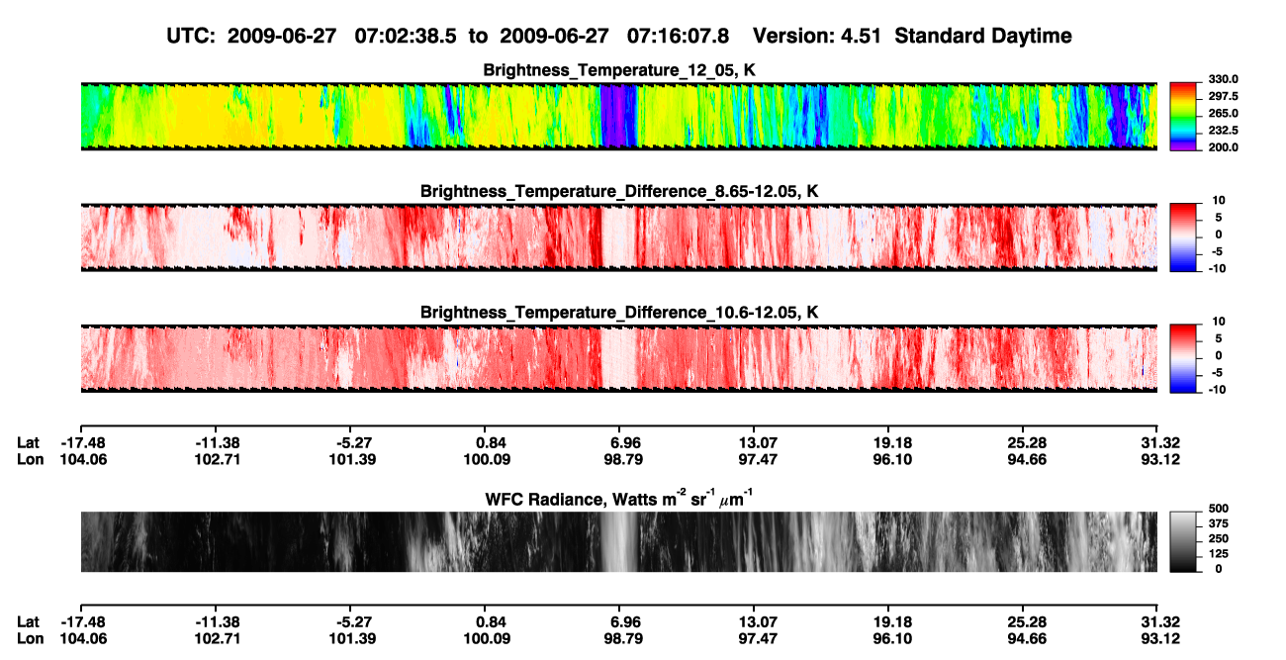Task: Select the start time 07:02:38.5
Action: coord(406,37)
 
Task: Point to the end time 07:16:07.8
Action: coord(678,37)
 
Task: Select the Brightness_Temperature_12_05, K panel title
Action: coord(619,70)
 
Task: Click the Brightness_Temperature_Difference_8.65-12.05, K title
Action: coord(619,191)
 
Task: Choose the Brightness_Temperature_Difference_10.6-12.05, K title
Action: coord(619,313)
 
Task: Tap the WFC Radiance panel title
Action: coord(619,499)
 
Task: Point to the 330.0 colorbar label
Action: coord(1223,79)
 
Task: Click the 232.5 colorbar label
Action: coord(1223,131)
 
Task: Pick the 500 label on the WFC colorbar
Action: coord(1219,509)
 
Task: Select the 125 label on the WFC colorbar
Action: coord(1219,554)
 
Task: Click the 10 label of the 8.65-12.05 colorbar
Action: coord(1219,201)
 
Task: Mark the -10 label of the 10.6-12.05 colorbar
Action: coord(1217,390)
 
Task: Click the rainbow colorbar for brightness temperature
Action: coord(1183,117)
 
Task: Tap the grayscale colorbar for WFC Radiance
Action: coord(1183,541)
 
